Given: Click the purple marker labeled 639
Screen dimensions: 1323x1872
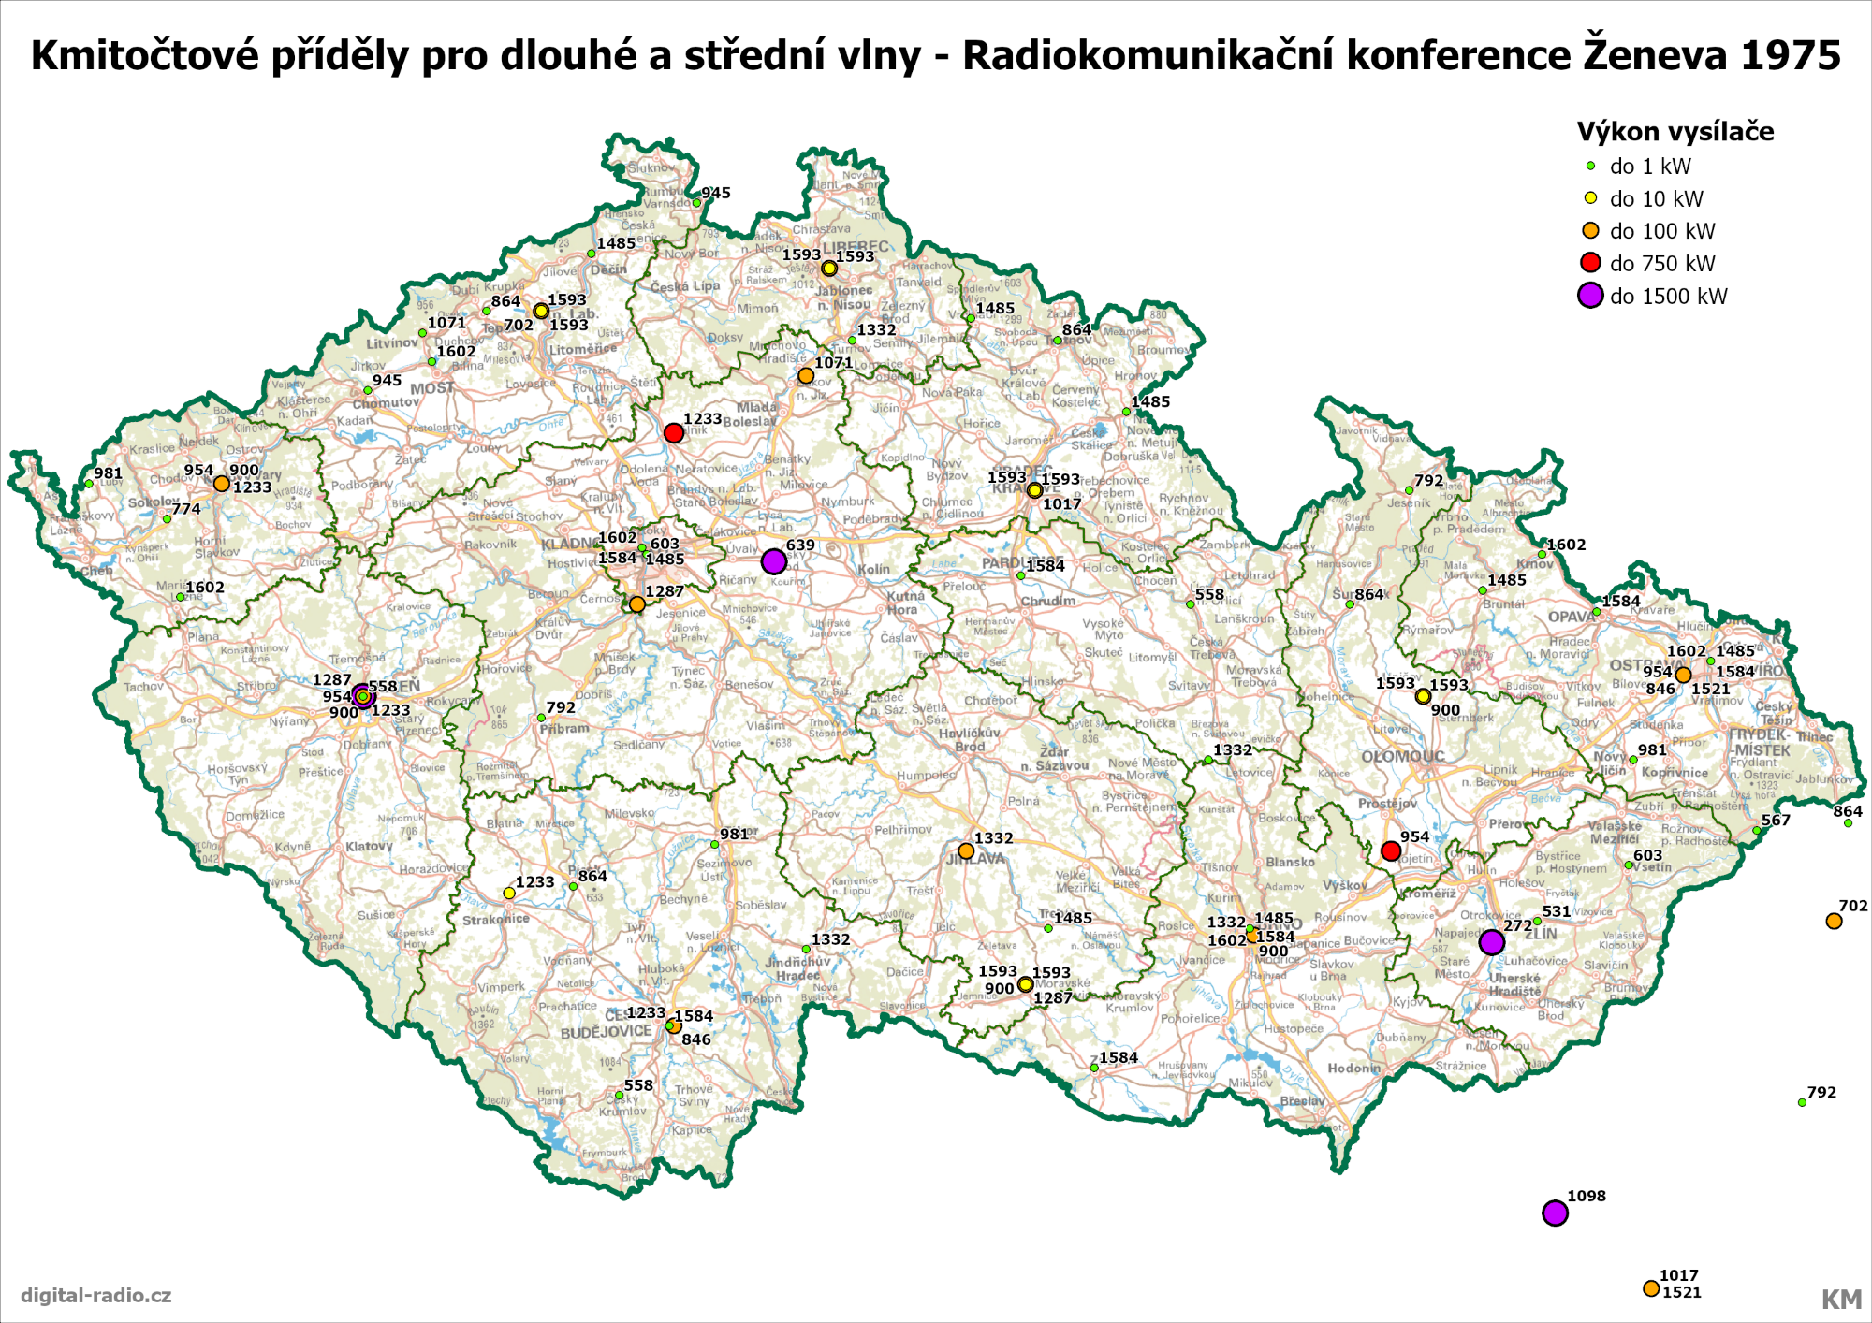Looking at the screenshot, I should [773, 561].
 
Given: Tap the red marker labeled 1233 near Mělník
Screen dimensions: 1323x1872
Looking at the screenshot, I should [674, 432].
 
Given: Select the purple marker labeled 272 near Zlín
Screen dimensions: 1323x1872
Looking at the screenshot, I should [1492, 941].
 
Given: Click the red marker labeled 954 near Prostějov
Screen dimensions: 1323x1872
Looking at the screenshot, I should [1391, 850].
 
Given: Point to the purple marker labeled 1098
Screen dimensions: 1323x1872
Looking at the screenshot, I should [1555, 1213].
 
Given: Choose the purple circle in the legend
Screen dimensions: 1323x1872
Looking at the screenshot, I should [1590, 296].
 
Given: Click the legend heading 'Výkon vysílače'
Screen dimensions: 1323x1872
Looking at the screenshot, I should [1675, 132].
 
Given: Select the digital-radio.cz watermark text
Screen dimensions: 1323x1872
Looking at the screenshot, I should [96, 1295].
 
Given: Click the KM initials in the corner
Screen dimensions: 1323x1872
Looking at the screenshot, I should [1840, 1299].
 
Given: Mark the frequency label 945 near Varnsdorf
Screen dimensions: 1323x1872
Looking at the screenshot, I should [716, 193].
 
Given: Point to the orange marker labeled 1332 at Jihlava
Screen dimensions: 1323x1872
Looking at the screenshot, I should [966, 850].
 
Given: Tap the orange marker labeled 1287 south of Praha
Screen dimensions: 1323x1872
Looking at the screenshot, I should [637, 604].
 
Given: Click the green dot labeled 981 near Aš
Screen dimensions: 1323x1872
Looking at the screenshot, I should [89, 484].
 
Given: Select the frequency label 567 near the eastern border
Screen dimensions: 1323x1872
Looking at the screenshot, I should [1776, 821].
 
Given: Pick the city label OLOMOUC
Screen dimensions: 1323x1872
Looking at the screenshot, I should [1403, 756].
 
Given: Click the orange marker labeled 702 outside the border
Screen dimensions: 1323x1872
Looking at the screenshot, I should [1834, 921].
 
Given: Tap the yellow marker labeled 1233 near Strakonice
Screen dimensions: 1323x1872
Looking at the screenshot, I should [509, 893].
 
